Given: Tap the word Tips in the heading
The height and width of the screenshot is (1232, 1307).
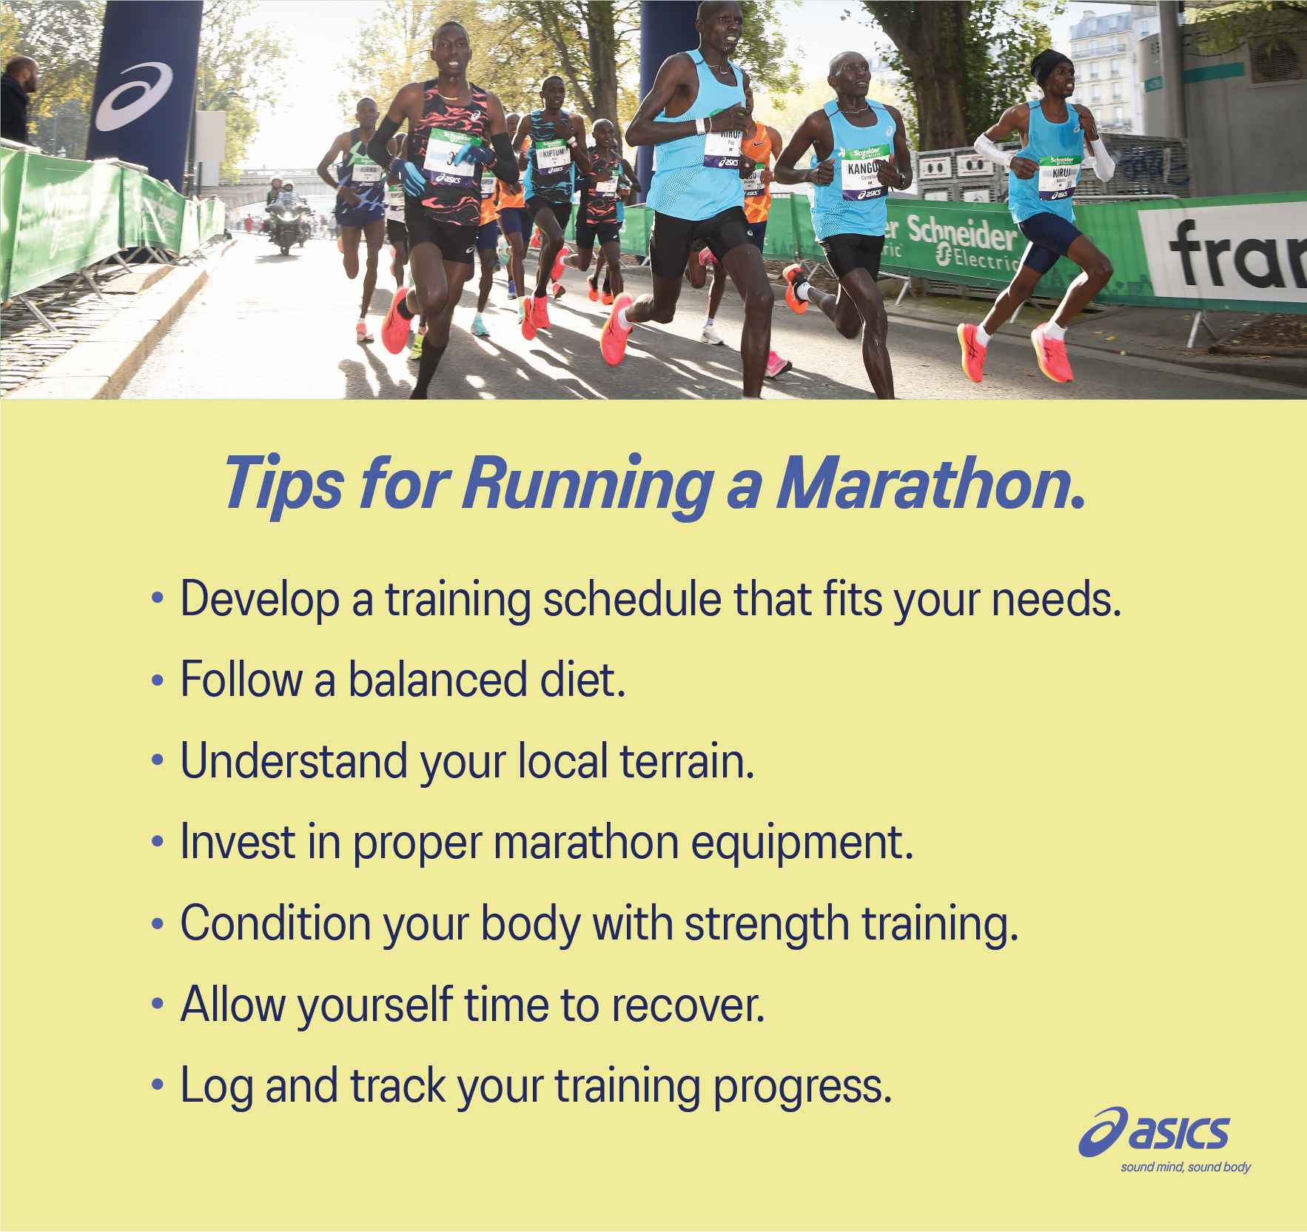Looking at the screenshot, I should click(x=283, y=484).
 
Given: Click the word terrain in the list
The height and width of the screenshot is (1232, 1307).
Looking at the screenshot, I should click(x=686, y=761).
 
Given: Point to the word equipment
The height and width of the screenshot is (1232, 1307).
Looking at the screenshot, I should click(x=802, y=843).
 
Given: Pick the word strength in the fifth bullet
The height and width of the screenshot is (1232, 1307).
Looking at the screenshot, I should click(x=766, y=924).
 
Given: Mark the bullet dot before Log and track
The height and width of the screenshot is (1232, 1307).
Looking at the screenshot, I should click(x=157, y=1085).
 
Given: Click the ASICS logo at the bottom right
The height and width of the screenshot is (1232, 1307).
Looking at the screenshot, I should click(x=1155, y=1132).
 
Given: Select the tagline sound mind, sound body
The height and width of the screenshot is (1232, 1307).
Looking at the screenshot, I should click(x=1186, y=1168).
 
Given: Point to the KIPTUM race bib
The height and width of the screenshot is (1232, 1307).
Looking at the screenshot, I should click(x=552, y=158).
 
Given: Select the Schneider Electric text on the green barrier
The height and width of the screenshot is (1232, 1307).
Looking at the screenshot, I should click(x=962, y=241).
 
